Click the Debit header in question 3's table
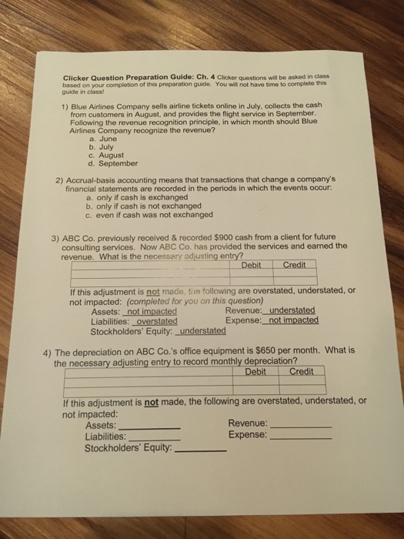[252, 266]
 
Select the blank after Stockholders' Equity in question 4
[201, 450]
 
